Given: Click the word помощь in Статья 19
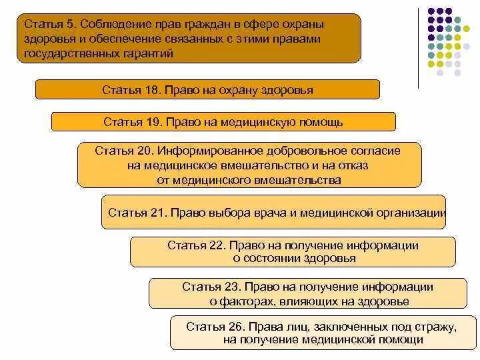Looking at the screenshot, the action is coord(321,122).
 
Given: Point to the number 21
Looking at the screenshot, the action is coord(157,213).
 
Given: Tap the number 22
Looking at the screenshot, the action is coord(217,245).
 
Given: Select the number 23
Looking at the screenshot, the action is coord(231,287).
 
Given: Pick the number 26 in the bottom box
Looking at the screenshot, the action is coord(236,327).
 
